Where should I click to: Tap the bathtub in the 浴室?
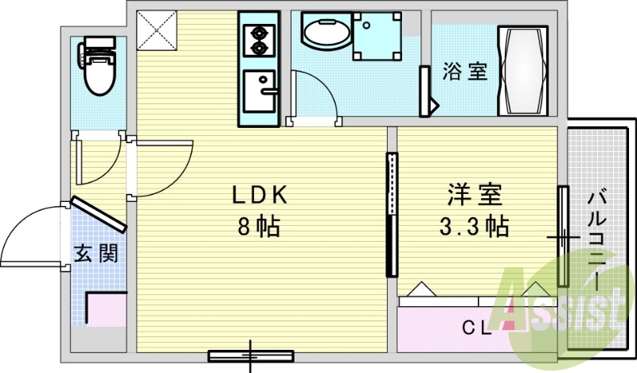tap(523, 71)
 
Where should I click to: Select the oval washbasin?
tap(326, 31)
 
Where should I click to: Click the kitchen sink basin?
tap(260, 91)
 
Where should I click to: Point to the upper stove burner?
tap(258, 32)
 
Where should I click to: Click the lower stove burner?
tap(258, 48)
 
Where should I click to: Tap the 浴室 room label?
tap(464, 72)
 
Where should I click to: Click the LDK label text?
tap(260, 195)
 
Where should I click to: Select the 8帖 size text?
tap(260, 227)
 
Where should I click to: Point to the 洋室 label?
tap(475, 195)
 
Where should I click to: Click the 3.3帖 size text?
tap(474, 227)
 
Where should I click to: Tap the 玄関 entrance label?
tap(96, 254)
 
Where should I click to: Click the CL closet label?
tap(477, 328)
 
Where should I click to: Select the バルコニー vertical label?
tap(596, 242)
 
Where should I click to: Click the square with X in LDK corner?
tap(157, 30)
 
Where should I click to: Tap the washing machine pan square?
tap(377, 37)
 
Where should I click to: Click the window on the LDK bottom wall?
tap(251, 356)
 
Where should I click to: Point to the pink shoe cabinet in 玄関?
tap(107, 310)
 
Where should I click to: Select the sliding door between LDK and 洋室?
tap(392, 215)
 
